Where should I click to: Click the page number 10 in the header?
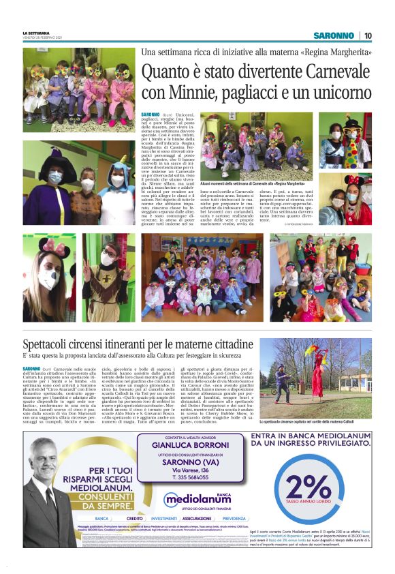click(368, 35)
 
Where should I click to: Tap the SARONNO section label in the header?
click(334, 35)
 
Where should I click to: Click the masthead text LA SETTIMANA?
click(36, 32)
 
